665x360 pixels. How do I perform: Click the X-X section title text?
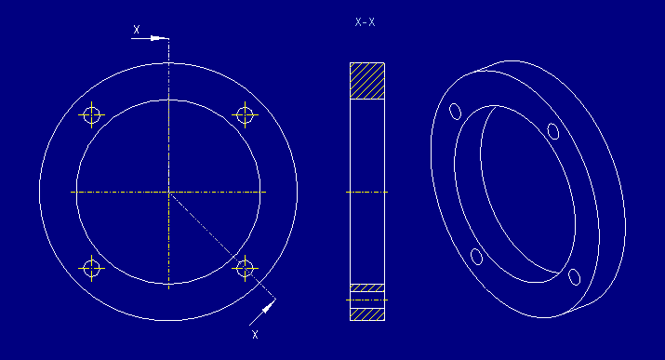(366, 22)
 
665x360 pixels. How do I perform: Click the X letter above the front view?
(137, 29)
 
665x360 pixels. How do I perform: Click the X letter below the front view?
(255, 334)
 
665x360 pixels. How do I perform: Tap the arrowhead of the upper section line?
(158, 38)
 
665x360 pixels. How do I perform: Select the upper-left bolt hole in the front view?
(91, 114)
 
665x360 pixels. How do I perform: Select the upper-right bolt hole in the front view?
(246, 114)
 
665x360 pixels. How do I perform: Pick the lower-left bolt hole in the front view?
(91, 268)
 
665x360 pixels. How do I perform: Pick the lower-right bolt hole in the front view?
(246, 268)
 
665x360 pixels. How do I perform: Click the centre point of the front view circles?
(168, 192)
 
